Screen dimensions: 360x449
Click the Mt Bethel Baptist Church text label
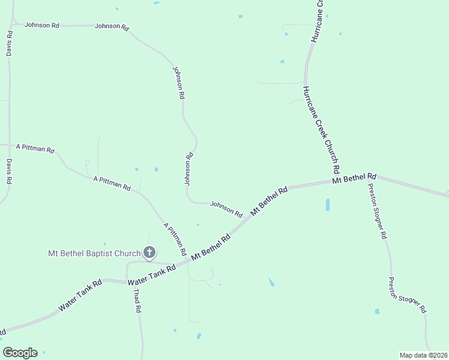tap(94, 253)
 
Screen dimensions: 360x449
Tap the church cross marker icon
tap(149, 253)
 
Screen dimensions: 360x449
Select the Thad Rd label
tap(137, 301)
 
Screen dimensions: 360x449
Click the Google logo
tap(20, 353)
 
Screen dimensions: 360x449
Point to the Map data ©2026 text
tap(423, 355)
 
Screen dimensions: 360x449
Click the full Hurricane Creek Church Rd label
tap(322, 129)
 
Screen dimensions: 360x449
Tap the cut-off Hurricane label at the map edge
tap(317, 21)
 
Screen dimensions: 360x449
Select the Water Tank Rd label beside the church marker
tap(152, 274)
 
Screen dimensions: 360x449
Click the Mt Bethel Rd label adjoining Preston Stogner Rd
tap(354, 178)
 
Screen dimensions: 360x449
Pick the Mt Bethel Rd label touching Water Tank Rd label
tap(211, 247)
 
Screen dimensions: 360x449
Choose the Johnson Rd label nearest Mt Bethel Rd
tap(226, 209)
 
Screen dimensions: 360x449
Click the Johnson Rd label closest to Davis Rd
tap(42, 26)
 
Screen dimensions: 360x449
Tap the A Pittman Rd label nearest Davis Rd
tap(35, 148)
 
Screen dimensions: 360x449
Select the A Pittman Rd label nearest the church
tap(175, 238)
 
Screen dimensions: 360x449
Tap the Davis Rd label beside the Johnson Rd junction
tap(10, 44)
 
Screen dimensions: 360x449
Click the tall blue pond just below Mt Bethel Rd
tap(327, 205)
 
